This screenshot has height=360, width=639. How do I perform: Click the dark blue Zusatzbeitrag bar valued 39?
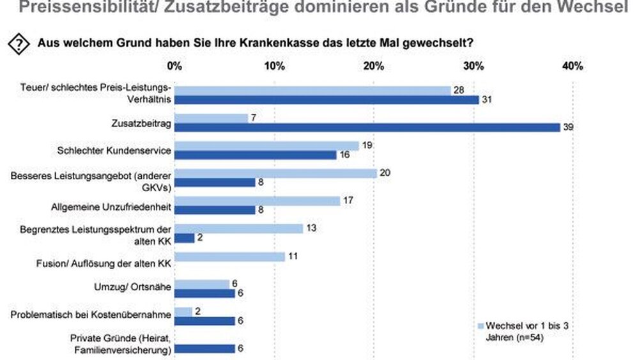point(367,127)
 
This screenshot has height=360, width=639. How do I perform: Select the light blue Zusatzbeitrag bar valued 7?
point(210,118)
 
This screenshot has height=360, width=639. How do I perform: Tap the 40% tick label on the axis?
point(572,66)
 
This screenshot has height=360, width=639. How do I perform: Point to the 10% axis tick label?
point(274,66)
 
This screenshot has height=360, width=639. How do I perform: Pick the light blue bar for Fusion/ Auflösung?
point(229,256)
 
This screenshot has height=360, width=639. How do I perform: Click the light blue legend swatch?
point(481,324)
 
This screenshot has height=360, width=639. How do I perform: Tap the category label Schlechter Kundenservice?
point(112,150)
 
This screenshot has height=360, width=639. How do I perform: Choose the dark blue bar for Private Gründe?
point(204,348)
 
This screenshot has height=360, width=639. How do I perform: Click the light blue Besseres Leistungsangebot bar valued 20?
point(276,173)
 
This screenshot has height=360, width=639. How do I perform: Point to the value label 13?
point(312,228)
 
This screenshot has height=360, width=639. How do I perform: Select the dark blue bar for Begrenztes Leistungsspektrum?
point(185,238)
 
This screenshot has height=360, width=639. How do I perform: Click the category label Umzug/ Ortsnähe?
point(139,288)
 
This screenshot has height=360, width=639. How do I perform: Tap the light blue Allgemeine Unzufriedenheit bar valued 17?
point(258,201)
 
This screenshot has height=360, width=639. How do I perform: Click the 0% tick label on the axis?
point(174,66)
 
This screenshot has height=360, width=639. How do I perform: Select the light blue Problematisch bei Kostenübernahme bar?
point(183,311)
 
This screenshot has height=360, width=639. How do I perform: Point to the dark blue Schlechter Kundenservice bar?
point(255,155)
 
